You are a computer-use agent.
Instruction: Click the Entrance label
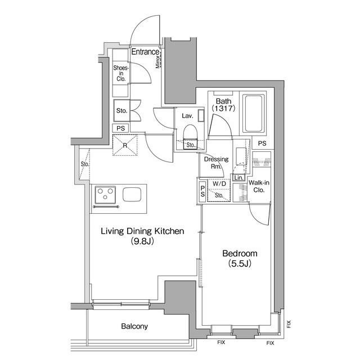pyautogui.click(x=145, y=52)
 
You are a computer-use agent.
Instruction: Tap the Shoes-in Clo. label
pyautogui.click(x=121, y=74)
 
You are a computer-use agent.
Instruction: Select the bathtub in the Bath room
pyautogui.click(x=254, y=114)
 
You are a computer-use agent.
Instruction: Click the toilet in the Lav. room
pyautogui.click(x=190, y=136)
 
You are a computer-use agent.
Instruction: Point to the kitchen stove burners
pyautogui.click(x=105, y=195)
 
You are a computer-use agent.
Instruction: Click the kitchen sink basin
pyautogui.click(x=132, y=195)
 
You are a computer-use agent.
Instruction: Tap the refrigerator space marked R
pyautogui.click(x=125, y=145)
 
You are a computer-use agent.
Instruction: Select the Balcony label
pyautogui.click(x=134, y=326)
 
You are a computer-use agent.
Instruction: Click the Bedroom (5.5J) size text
pyautogui.click(x=240, y=264)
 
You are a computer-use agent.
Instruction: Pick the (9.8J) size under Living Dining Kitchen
pyautogui.click(x=142, y=241)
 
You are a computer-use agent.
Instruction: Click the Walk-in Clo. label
pyautogui.click(x=259, y=186)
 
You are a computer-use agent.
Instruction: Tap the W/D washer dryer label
pyautogui.click(x=219, y=184)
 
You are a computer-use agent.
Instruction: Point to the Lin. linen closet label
pyautogui.click(x=238, y=178)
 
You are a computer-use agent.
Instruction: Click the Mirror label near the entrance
pyautogui.click(x=157, y=61)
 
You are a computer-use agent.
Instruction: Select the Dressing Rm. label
pyautogui.click(x=216, y=163)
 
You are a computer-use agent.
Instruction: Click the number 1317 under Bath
pyautogui.click(x=224, y=108)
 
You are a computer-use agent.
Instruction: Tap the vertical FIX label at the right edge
pyautogui.click(x=289, y=324)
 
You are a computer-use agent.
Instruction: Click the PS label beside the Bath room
pyautogui.click(x=262, y=143)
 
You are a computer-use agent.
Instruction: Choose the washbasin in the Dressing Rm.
pyautogui.click(x=241, y=156)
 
